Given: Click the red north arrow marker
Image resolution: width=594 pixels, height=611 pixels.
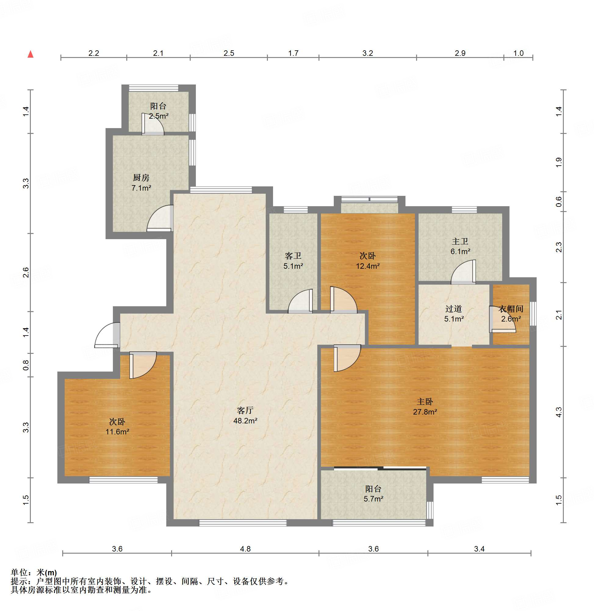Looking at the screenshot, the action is (x=31, y=54).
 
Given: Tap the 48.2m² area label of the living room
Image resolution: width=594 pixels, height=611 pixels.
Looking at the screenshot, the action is (x=245, y=420).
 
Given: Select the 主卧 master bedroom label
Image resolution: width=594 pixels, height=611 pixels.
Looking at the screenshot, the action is (x=425, y=402).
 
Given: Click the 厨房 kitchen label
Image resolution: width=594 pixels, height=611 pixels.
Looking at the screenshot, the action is (x=141, y=178).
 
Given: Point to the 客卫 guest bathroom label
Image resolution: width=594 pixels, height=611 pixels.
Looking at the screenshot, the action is (x=293, y=256).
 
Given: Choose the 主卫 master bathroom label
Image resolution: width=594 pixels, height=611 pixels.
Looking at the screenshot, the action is (x=460, y=241).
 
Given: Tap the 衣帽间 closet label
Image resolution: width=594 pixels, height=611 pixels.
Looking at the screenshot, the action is (x=511, y=309).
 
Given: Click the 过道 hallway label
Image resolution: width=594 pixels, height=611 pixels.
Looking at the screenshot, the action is (x=454, y=309).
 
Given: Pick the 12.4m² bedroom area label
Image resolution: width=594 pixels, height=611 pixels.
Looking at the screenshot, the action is (x=368, y=266).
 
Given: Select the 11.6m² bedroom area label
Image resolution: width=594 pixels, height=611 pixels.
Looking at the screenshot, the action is (x=117, y=432).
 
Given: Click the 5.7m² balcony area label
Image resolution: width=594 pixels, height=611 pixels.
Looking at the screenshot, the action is (x=373, y=499).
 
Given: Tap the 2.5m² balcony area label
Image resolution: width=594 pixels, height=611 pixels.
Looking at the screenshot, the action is (x=158, y=116).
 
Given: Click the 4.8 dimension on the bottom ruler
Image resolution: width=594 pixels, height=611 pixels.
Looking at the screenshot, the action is (x=246, y=549).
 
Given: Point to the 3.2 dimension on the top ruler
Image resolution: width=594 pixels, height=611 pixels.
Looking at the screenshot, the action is (x=368, y=53).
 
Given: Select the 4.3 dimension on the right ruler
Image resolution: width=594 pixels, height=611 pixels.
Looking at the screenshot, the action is (x=559, y=412).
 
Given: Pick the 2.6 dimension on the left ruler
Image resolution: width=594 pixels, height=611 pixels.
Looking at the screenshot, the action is (x=26, y=272).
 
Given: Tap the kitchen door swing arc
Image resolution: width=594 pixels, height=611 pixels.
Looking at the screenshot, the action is (x=160, y=218).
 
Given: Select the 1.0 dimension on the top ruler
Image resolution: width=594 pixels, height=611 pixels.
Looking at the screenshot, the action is (x=519, y=53).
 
